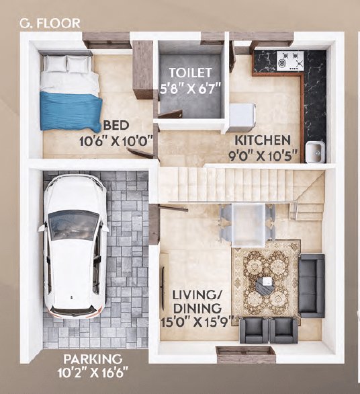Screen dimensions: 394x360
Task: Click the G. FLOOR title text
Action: (50, 23)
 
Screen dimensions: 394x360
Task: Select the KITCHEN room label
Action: (262, 141)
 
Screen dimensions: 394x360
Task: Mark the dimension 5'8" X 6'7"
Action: (190, 88)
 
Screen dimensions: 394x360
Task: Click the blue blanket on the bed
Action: (69, 111)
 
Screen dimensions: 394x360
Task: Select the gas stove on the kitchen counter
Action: (290, 61)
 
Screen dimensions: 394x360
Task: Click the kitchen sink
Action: (314, 152)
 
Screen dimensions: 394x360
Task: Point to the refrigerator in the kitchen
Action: (240, 117)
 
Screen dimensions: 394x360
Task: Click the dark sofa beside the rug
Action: (311, 286)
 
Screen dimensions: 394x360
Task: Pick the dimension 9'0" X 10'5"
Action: (262, 157)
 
